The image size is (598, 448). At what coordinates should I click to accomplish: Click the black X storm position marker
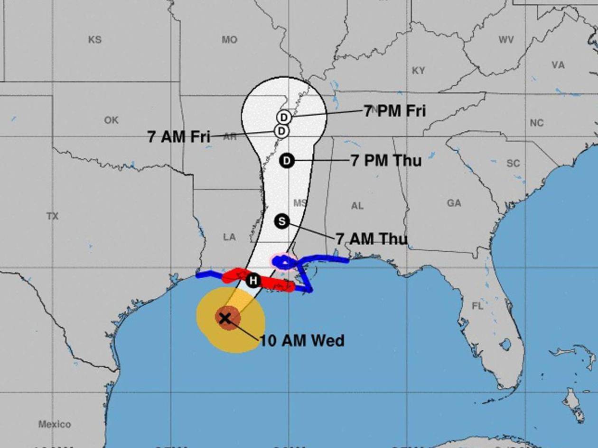tap(224, 318)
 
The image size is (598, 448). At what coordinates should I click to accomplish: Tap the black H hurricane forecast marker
tap(253, 281)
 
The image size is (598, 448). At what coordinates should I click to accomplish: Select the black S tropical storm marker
tap(282, 221)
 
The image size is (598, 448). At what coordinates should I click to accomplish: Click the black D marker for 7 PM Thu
tap(287, 161)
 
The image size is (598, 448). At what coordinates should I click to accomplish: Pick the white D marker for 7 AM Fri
tap(281, 131)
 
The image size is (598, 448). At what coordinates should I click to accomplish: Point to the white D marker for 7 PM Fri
tap(284, 117)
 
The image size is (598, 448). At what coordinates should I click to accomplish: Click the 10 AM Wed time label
tap(302, 340)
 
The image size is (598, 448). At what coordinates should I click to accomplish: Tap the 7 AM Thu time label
tap(371, 239)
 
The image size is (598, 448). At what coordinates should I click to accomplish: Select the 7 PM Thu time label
tap(386, 161)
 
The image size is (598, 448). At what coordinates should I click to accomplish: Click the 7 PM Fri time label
tap(395, 111)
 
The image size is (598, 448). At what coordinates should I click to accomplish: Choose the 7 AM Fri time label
tap(179, 137)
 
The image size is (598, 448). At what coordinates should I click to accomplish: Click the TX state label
tap(53, 216)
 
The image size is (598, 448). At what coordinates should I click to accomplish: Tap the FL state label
tap(477, 306)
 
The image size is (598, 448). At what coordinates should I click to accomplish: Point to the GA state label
tap(454, 203)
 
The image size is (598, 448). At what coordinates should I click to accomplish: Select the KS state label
tap(95, 40)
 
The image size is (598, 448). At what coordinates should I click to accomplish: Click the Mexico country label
tap(55, 424)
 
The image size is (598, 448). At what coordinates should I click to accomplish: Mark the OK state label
tap(111, 120)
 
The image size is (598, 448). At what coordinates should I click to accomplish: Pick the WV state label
tap(506, 40)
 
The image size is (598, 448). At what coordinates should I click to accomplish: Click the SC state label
tap(513, 164)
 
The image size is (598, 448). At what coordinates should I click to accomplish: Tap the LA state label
tap(229, 237)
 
